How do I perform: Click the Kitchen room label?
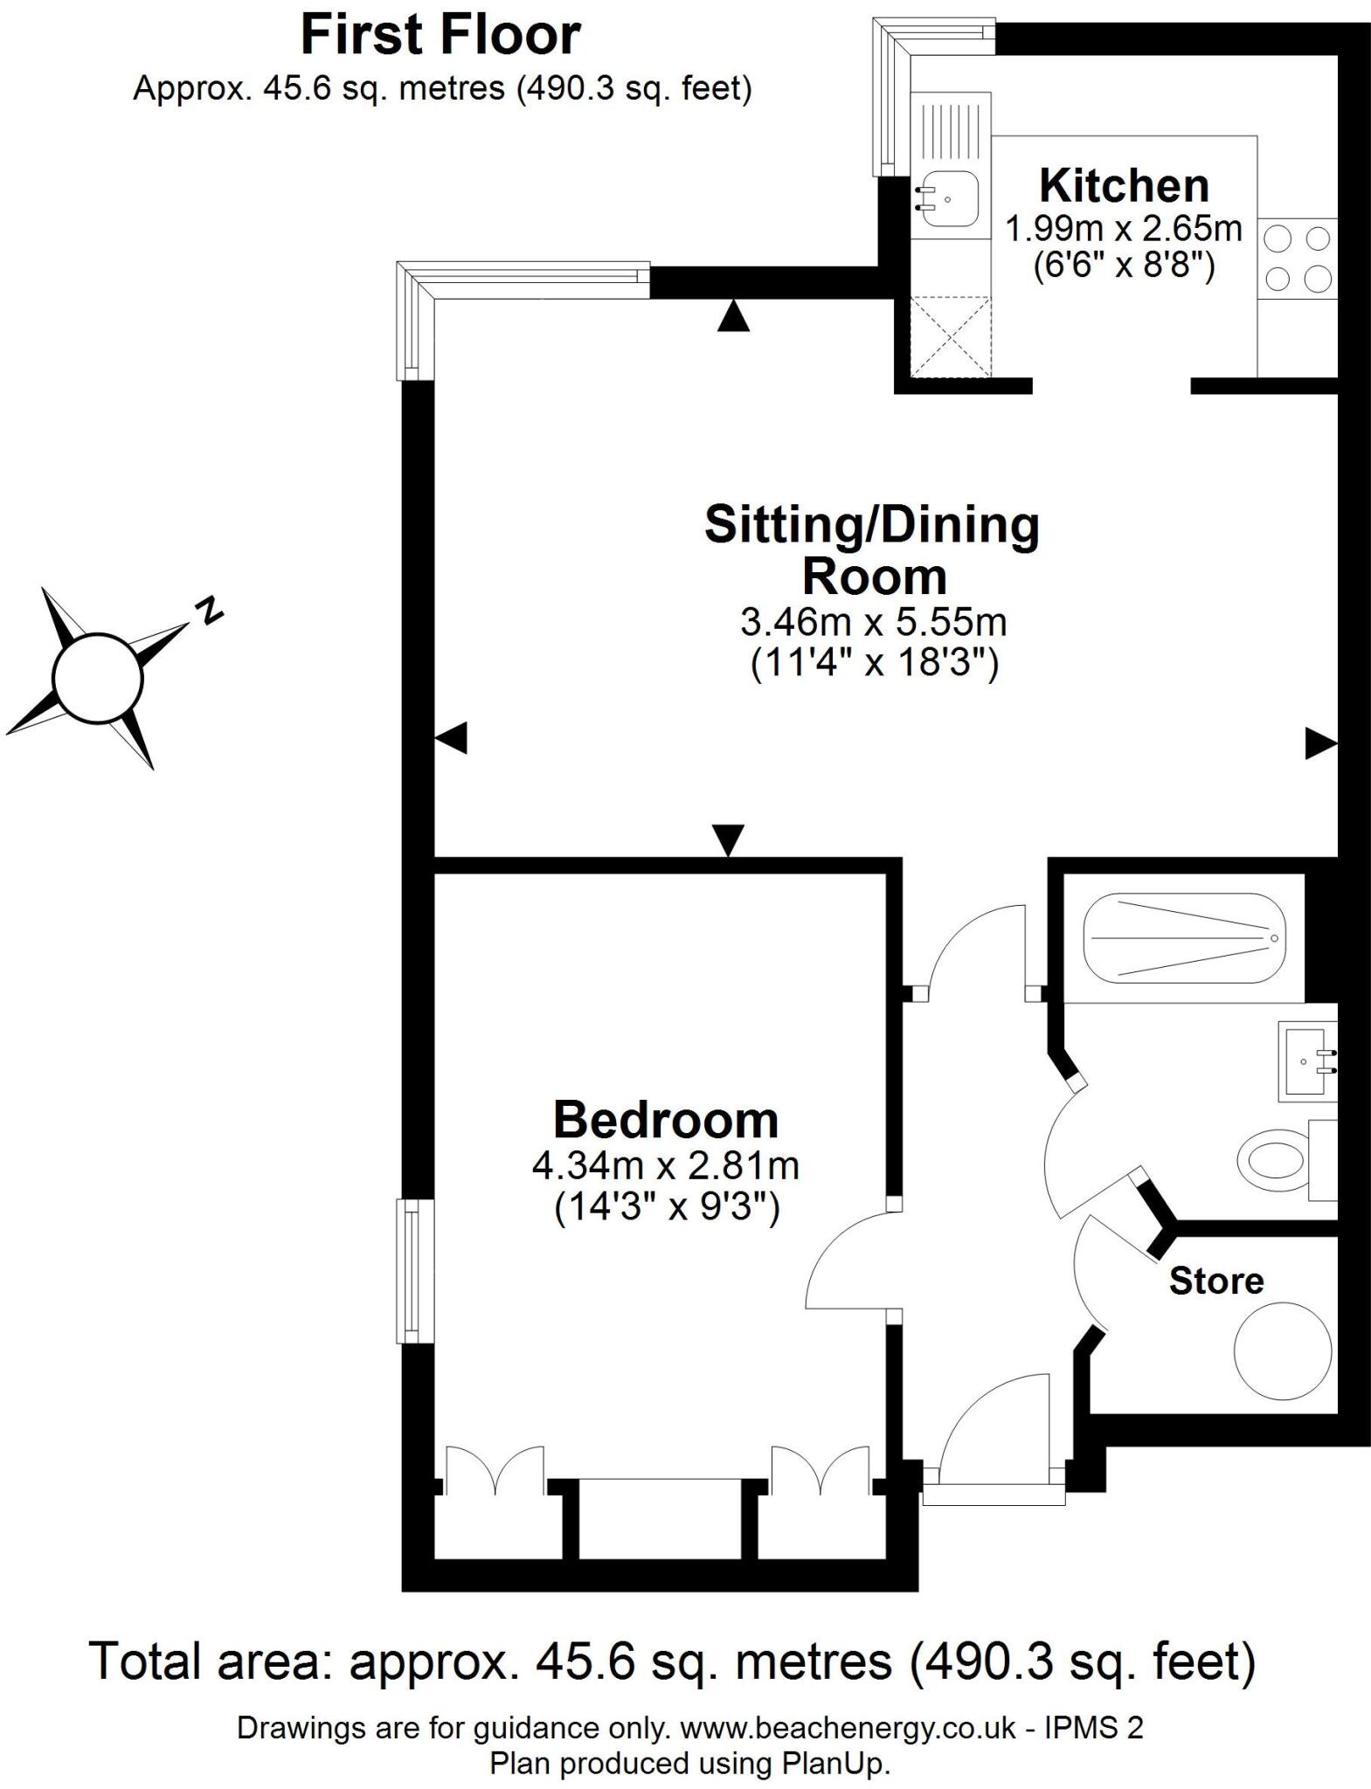pos(1124,186)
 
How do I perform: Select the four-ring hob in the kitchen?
pos(1297,258)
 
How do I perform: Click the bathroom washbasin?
pos(1306,1060)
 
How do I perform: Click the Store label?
pos(1216,1281)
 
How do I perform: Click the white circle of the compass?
pos(97,679)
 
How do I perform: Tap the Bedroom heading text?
pos(666,1121)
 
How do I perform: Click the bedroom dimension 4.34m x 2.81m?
pos(666,1165)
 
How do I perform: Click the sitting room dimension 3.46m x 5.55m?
pos(873,622)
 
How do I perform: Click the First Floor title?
pos(440,37)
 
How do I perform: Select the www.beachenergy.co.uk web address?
pos(848,1728)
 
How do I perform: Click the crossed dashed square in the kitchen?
pos(951,336)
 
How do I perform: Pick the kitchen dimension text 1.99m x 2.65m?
pos(1124,229)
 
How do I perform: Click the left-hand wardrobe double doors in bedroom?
pos(495,1469)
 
